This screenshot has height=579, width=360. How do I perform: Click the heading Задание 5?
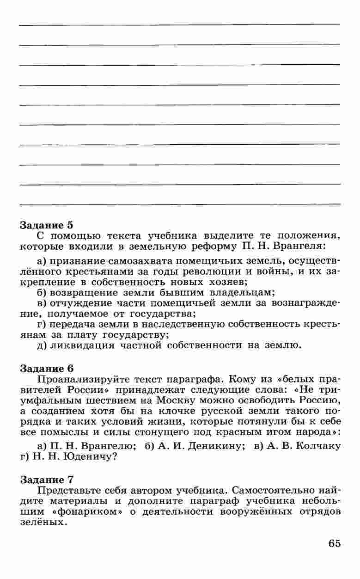click(x=46, y=226)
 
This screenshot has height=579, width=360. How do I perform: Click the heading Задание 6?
click(x=46, y=369)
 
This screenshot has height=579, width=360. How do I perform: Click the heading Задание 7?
click(x=46, y=479)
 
